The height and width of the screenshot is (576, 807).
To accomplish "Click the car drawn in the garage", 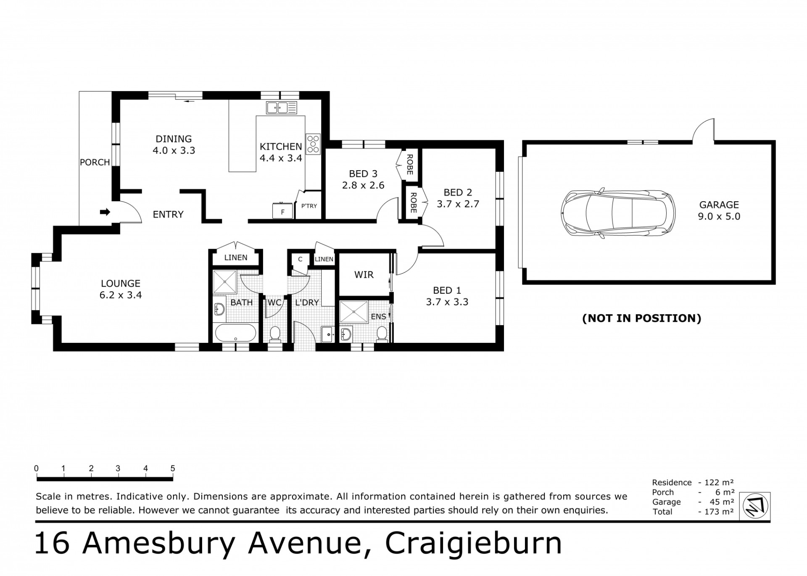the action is click(x=618, y=214).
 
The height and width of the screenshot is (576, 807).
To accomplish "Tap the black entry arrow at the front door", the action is click(x=105, y=212).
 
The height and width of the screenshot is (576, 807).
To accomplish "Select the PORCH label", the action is click(x=95, y=162).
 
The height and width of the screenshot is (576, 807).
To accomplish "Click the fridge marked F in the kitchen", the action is click(x=282, y=210).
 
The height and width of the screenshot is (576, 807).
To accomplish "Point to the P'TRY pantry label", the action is click(x=309, y=206).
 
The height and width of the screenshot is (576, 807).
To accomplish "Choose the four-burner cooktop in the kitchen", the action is click(x=313, y=143).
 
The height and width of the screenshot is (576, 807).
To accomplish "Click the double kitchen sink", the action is click(x=282, y=108).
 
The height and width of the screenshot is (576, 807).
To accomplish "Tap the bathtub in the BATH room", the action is click(x=235, y=333).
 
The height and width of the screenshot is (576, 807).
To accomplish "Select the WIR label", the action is click(x=364, y=275).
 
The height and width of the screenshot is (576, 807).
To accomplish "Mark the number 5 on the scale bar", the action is click(x=173, y=468).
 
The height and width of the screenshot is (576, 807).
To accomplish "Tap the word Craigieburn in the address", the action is click(x=474, y=544).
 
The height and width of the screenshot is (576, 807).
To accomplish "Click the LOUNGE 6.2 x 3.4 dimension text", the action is click(x=121, y=295).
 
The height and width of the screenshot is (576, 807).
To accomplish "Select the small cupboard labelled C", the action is click(x=300, y=259).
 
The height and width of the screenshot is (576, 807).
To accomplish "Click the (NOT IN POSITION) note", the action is click(x=642, y=318).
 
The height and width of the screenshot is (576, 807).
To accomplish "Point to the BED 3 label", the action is click(x=363, y=174).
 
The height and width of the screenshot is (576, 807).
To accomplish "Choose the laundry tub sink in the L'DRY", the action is click(x=328, y=334).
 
